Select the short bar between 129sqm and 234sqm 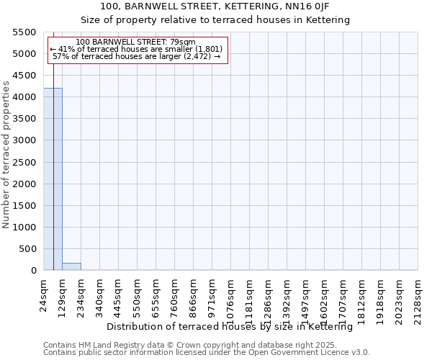tap(71, 266)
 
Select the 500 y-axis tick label tap(28, 249)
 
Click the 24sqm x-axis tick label tap(44, 296)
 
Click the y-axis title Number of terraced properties tap(6, 155)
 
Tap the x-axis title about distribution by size tap(234, 327)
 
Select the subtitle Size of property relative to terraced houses tap(215, 20)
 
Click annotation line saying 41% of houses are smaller tap(137, 49)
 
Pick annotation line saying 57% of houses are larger tap(137, 56)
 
